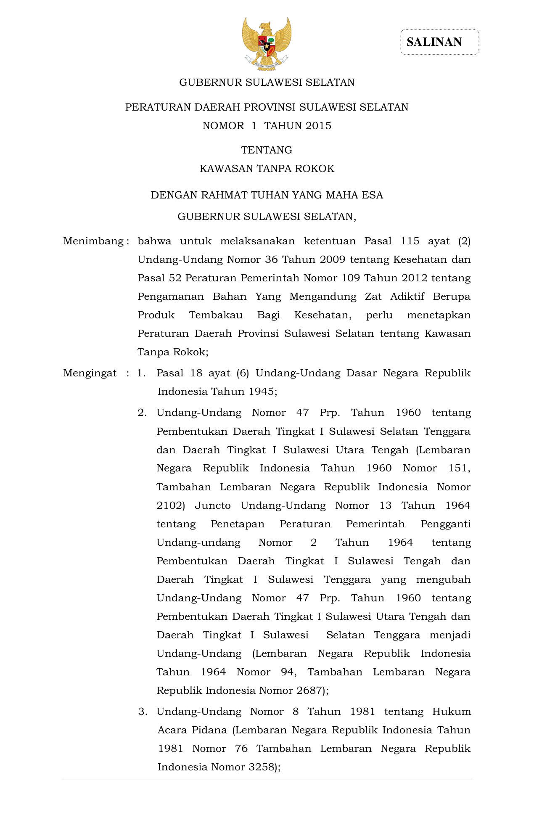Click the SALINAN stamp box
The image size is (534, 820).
[439, 42]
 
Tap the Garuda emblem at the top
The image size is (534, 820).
[267, 44]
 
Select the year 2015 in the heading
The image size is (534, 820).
[319, 126]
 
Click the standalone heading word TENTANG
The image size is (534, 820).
[267, 150]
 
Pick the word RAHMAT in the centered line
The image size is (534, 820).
[224, 195]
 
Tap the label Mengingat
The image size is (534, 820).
[90, 373]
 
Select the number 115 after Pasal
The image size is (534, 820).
[410, 241]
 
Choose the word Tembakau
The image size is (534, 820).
[216, 315]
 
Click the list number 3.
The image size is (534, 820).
[143, 712]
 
